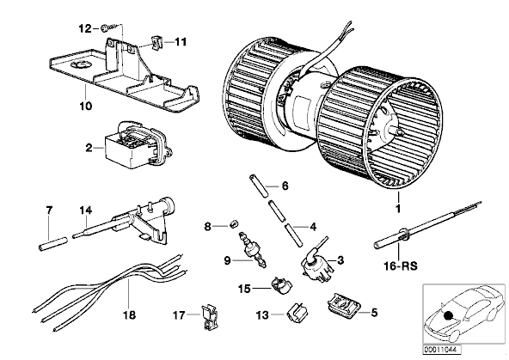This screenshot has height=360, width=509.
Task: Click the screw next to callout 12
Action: (107, 29)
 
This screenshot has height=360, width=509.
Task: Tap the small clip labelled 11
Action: (156, 42)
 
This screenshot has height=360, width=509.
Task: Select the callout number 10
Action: (86, 106)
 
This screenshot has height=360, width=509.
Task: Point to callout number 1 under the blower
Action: (398, 209)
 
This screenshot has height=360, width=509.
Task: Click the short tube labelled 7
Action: (53, 243)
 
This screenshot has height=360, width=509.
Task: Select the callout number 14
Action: (86, 211)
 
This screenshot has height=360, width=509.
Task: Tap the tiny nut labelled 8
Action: (234, 223)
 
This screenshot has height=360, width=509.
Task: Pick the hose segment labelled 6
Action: (259, 186)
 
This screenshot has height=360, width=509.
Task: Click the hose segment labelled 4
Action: (293, 235)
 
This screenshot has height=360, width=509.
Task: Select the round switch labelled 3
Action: (316, 262)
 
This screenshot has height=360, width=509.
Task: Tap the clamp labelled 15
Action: (281, 284)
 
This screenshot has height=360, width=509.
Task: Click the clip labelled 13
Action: (297, 311)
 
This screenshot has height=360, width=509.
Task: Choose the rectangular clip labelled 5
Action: (343, 304)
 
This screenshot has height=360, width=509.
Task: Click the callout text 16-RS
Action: (401, 266)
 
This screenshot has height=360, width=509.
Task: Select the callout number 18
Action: (129, 315)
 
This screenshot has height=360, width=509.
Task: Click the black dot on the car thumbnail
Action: (449, 314)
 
